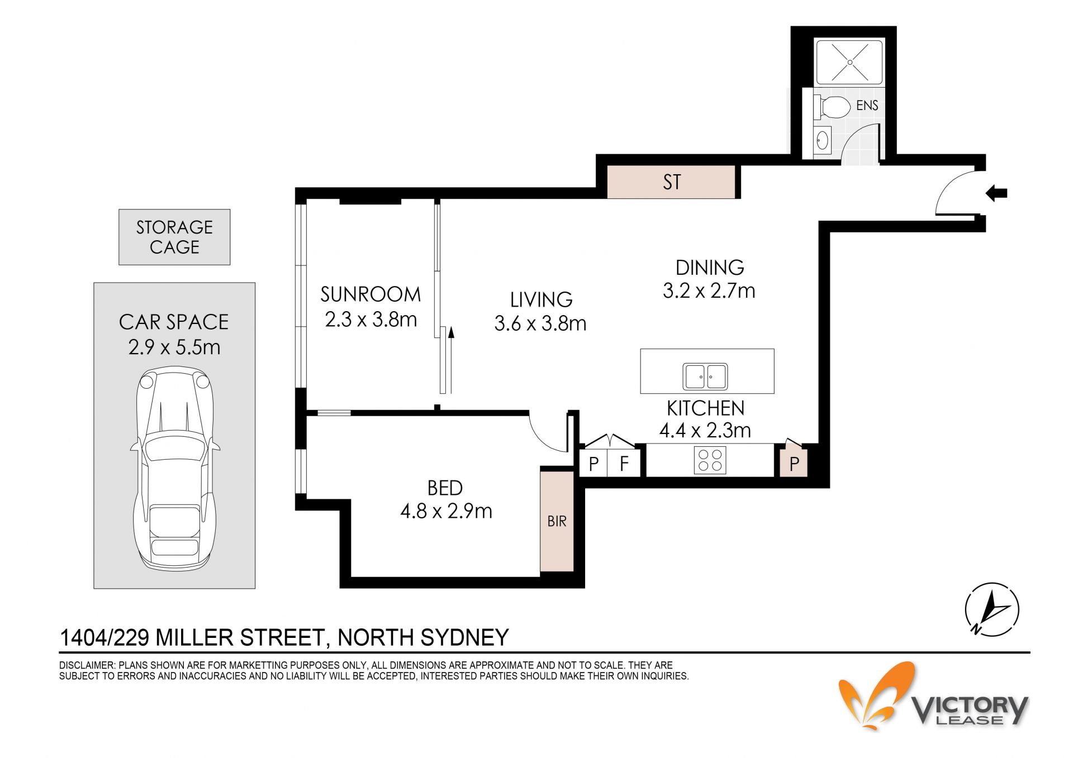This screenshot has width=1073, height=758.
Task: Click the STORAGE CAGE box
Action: click(x=174, y=237)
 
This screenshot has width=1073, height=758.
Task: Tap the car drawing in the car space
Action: click(x=174, y=468)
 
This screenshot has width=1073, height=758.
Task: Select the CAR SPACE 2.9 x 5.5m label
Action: click(x=174, y=334)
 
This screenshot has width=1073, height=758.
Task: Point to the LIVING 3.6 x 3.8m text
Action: click(x=540, y=311)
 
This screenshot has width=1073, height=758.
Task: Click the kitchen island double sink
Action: click(x=705, y=376)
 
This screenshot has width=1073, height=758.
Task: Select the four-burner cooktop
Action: click(x=710, y=460)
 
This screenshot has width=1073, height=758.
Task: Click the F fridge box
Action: click(x=624, y=463)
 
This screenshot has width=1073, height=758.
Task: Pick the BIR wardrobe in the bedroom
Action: click(x=557, y=521)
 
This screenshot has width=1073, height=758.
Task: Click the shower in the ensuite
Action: click(x=849, y=61)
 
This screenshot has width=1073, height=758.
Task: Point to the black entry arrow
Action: click(x=996, y=194)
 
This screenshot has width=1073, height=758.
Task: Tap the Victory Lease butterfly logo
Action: click(x=877, y=695)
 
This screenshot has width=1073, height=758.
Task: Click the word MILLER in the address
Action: click(x=196, y=637)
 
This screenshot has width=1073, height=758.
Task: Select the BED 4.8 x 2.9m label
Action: click(x=446, y=499)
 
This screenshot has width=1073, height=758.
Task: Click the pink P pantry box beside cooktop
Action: click(x=794, y=463)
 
